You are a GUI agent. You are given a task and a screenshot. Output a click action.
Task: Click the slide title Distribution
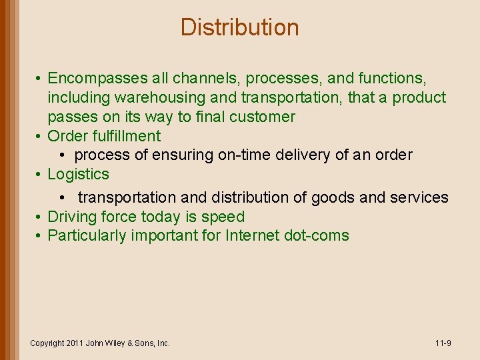239,27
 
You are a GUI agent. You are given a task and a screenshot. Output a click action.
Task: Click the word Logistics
78,174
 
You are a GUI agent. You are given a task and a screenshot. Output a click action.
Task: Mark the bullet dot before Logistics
40,175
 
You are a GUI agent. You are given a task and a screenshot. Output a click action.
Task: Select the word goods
333,197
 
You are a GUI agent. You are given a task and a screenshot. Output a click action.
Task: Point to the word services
418,197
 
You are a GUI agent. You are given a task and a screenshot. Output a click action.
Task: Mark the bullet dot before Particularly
40,236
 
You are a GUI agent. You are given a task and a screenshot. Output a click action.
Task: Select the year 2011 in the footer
75,343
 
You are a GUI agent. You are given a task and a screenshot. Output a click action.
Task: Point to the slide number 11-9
443,343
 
